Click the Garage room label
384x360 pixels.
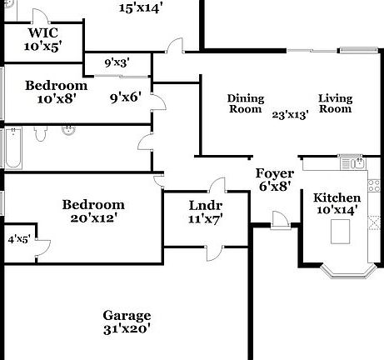(x=127, y=316)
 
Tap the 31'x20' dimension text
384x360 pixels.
(x=127, y=329)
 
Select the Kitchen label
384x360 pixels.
(x=337, y=198)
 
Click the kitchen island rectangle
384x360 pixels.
(x=341, y=232)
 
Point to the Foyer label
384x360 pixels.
(x=275, y=173)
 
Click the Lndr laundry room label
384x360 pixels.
(x=206, y=206)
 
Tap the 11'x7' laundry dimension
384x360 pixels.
(x=206, y=219)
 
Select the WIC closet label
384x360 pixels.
(x=43, y=32)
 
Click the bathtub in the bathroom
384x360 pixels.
(x=13, y=147)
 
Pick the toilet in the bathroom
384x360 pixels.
(x=41, y=133)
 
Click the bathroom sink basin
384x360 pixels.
(x=68, y=131)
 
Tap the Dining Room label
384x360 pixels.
(x=246, y=103)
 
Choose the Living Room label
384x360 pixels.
(x=336, y=103)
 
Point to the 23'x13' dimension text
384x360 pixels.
(x=291, y=115)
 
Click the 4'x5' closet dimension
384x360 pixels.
(x=18, y=239)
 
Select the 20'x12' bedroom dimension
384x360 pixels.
(x=92, y=218)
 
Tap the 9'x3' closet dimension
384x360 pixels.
(x=117, y=63)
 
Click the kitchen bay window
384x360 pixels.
(x=349, y=272)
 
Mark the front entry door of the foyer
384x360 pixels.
(x=281, y=221)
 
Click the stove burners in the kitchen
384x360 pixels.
(x=374, y=186)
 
